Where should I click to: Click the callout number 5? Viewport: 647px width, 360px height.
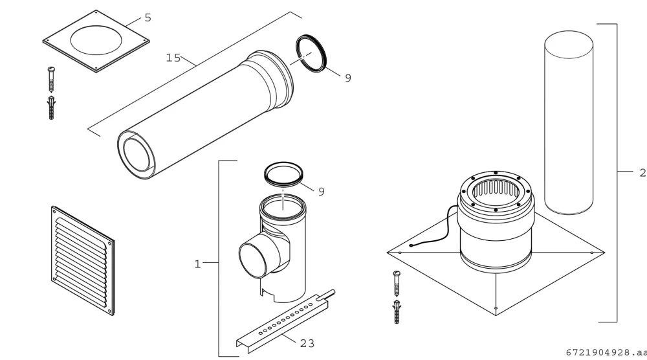(x=148, y=17)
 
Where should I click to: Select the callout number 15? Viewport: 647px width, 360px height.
(x=173, y=58)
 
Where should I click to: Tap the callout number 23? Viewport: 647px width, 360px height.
(x=307, y=343)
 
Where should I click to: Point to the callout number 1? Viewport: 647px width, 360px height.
(x=197, y=264)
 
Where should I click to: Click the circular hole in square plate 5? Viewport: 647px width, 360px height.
(x=96, y=40)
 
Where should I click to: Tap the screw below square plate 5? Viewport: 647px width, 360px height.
(x=51, y=79)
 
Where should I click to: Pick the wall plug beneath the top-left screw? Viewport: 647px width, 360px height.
(x=51, y=107)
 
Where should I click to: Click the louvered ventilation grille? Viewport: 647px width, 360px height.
(x=83, y=260)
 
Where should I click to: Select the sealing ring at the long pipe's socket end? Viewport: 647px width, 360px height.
(x=312, y=54)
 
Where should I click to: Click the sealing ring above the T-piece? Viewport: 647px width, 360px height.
(x=283, y=174)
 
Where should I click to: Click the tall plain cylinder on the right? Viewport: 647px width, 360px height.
(x=569, y=122)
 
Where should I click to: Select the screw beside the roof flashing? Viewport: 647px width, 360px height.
(x=397, y=284)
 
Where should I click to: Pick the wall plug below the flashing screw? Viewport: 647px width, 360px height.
(x=397, y=312)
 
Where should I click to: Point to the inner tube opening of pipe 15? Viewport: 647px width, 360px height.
(x=138, y=155)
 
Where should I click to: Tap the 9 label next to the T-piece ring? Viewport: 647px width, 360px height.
(x=322, y=192)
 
